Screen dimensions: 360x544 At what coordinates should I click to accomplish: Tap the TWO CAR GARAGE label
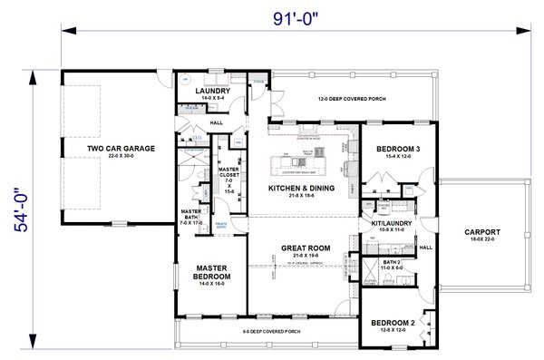click(x=121, y=148)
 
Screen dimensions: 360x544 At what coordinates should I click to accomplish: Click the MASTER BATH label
click(x=190, y=214)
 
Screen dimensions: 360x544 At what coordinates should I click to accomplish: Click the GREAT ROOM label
click(x=305, y=247)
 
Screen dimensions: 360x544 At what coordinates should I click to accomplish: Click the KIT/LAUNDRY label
click(x=386, y=222)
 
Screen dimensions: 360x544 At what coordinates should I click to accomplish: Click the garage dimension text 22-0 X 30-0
click(x=121, y=156)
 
